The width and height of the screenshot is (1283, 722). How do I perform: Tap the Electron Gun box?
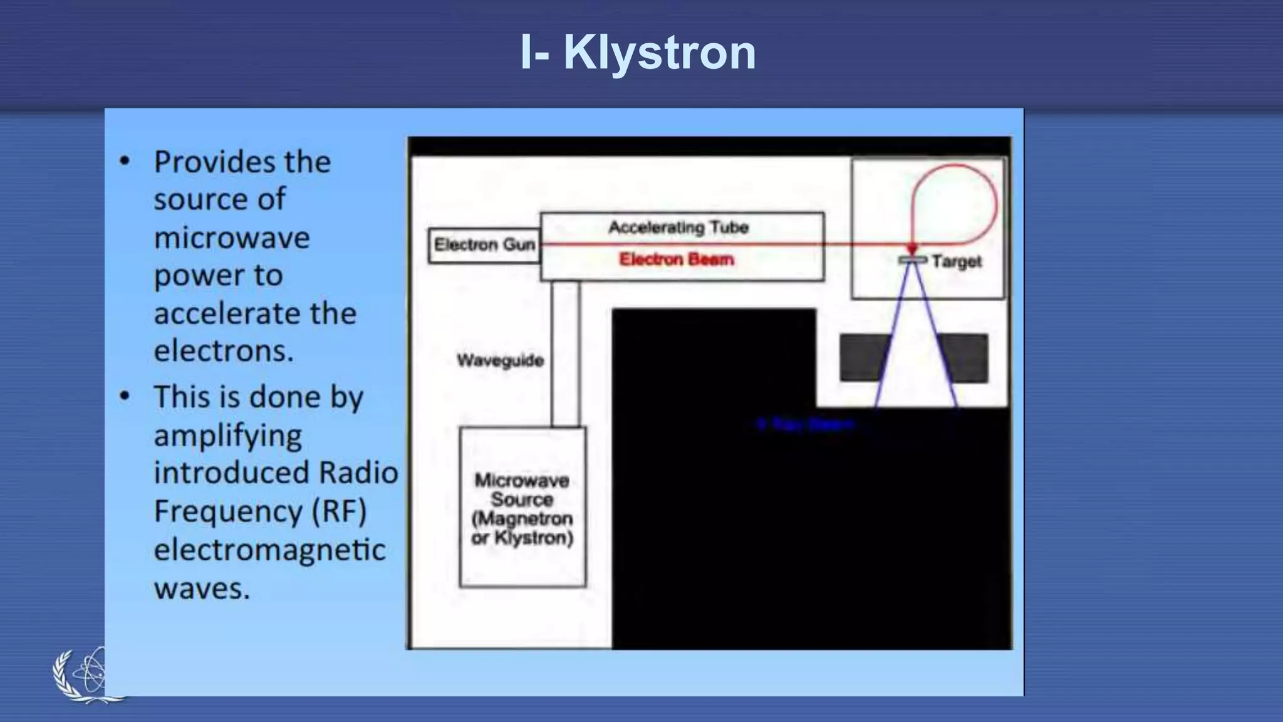pos(484,245)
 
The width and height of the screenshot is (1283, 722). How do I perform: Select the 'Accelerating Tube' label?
pos(678,227)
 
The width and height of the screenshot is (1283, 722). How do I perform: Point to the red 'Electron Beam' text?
pos(676,259)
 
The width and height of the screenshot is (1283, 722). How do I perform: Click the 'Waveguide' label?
pos(500,360)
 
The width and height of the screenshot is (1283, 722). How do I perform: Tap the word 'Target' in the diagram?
pos(956,261)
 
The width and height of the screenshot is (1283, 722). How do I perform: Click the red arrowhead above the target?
pos(913,249)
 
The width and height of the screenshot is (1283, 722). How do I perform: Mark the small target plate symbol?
pos(913,259)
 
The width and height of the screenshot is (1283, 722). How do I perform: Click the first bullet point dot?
pos(125,162)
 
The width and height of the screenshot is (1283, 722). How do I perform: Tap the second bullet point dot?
pos(125,397)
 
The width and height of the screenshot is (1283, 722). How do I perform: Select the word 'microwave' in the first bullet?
pos(232,238)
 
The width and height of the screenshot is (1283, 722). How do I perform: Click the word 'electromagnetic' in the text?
pos(269,550)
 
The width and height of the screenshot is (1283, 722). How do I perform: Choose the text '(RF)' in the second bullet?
pos(339,511)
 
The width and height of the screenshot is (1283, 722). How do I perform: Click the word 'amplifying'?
pos(228,436)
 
